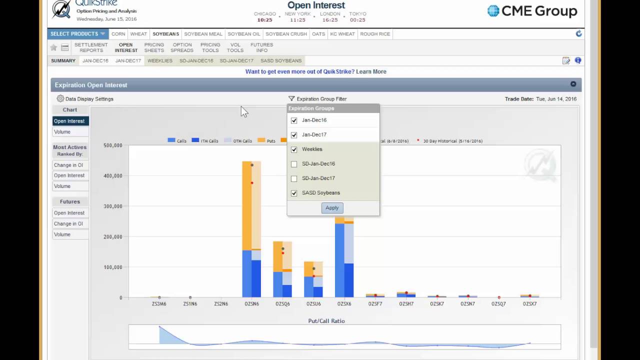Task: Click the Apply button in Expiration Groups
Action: point(332,208)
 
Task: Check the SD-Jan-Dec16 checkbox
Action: point(294,164)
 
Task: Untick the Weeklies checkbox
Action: point(294,149)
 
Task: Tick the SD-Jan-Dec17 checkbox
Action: point(294,178)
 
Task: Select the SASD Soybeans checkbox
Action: point(294,193)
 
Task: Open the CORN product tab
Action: point(118,34)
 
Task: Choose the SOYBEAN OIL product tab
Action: point(244,34)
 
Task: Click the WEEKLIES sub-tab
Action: point(160,61)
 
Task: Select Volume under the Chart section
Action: point(70,132)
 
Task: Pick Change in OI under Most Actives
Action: point(70,165)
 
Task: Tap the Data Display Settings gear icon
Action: point(60,98)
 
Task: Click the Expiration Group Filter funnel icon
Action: point(291,98)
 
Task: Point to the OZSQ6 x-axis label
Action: point(282,303)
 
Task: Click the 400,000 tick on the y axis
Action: point(113,176)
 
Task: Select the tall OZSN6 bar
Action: point(251,229)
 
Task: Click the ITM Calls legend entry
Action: point(205,140)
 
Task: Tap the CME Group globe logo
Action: point(493,11)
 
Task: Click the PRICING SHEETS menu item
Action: point(154,47)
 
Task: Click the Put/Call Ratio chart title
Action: point(326,321)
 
